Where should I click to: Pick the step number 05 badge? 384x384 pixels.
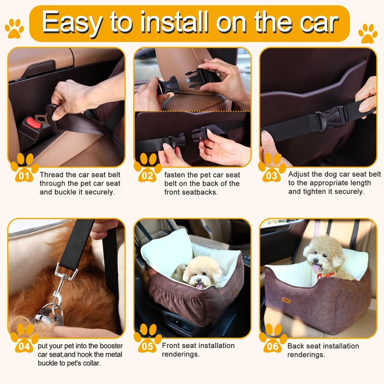point(148,345)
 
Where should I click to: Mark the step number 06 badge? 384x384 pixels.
point(272,345)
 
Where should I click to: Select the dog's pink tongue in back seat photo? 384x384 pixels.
point(316,268)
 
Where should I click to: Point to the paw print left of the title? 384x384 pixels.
point(14,28)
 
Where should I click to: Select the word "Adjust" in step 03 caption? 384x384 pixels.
point(299,174)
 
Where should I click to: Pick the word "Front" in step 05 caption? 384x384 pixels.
point(172,346)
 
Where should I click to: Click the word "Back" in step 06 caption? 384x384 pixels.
point(296,346)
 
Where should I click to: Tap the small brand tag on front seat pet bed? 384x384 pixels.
point(235,292)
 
